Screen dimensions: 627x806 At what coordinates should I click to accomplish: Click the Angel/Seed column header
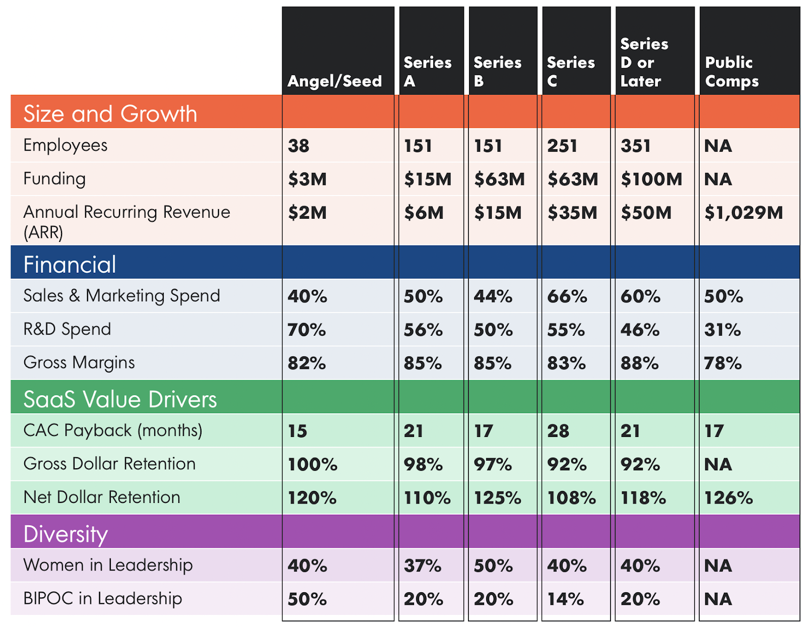pos(334,81)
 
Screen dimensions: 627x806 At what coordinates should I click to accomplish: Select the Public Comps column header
pos(731,72)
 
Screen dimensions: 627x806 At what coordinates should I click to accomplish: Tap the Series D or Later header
pos(644,62)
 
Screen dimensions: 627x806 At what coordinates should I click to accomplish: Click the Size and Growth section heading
pos(110,113)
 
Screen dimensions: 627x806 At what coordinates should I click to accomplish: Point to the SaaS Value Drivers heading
pos(120,399)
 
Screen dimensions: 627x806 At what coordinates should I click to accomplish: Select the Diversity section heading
pos(65,534)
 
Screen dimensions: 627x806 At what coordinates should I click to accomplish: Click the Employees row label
pos(65,145)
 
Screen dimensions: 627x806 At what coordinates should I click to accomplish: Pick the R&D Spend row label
pos(67,329)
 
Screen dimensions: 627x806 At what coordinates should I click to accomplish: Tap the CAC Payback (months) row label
pos(113,430)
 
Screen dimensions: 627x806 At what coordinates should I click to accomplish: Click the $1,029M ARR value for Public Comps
pos(744,213)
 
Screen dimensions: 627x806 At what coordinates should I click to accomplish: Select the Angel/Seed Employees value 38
pos(298,146)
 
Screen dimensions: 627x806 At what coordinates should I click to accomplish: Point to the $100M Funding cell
pos(651,179)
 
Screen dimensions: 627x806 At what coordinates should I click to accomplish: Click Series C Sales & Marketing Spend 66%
pos(567,296)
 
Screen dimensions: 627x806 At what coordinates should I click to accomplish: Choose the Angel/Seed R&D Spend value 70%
pos(306,330)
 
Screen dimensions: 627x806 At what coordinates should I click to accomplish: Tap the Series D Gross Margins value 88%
pos(639,363)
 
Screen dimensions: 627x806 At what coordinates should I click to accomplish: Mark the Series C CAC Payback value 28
pos(558,431)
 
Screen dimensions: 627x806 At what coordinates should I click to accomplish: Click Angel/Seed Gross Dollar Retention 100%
pos(312,465)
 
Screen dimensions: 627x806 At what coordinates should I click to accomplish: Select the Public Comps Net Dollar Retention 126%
pos(728,498)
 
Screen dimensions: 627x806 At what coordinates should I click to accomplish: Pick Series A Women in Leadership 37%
pos(422,566)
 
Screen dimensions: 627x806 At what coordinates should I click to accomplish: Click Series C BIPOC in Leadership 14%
pos(565,599)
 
